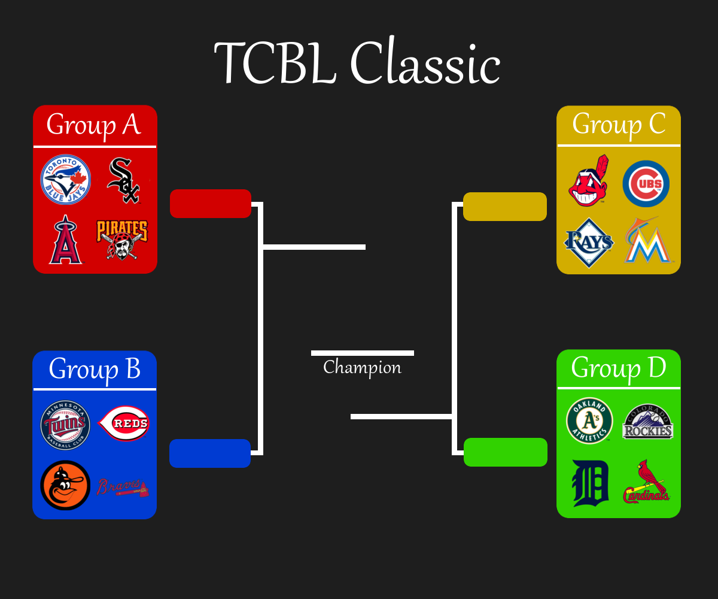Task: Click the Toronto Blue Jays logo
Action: [65, 179]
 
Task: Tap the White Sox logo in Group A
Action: [124, 180]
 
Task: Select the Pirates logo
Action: [123, 240]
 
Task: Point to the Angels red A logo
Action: [66, 240]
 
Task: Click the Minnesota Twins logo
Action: [65, 425]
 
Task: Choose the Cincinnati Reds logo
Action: [123, 423]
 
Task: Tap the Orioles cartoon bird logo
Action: [65, 485]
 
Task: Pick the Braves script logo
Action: [123, 487]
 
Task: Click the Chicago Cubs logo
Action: [646, 184]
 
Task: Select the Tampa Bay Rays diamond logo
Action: [589, 243]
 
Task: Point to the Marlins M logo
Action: [647, 240]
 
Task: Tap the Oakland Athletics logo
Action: [589, 420]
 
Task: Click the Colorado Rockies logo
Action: [647, 421]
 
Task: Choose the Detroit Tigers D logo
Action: [590, 483]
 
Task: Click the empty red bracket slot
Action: [211, 204]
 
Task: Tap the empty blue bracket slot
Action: [210, 453]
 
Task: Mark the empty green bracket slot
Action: [506, 452]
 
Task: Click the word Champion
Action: [362, 368]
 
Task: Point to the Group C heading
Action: [619, 125]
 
